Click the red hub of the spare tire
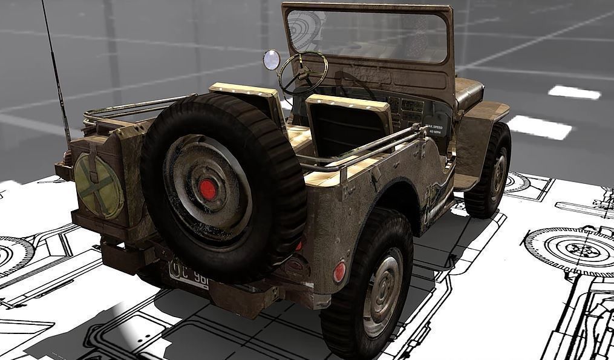208,189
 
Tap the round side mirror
272,59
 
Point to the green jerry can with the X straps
98,186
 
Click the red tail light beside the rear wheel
339,272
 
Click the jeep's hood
469,91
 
